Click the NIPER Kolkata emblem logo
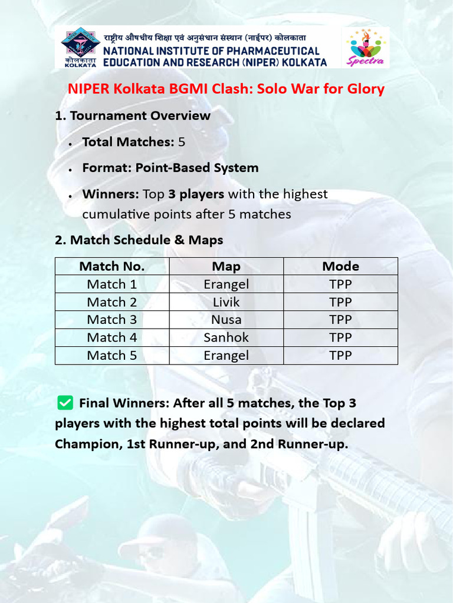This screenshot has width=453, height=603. (x=81, y=47)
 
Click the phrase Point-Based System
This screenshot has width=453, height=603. (x=196, y=168)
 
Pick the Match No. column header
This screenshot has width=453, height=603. (x=112, y=266)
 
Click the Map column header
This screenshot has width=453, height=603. (x=226, y=266)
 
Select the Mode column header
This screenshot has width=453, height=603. (x=340, y=266)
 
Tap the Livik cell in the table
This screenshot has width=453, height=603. (x=226, y=302)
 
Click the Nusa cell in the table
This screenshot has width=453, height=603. (x=226, y=320)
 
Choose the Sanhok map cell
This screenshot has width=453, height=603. (x=226, y=337)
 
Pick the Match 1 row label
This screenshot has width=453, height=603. (x=112, y=284)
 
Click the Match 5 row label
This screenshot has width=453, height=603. (x=112, y=356)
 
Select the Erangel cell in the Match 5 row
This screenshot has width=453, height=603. (x=226, y=356)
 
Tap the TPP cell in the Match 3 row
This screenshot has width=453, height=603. (x=340, y=320)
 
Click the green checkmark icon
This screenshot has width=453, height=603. (x=65, y=403)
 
